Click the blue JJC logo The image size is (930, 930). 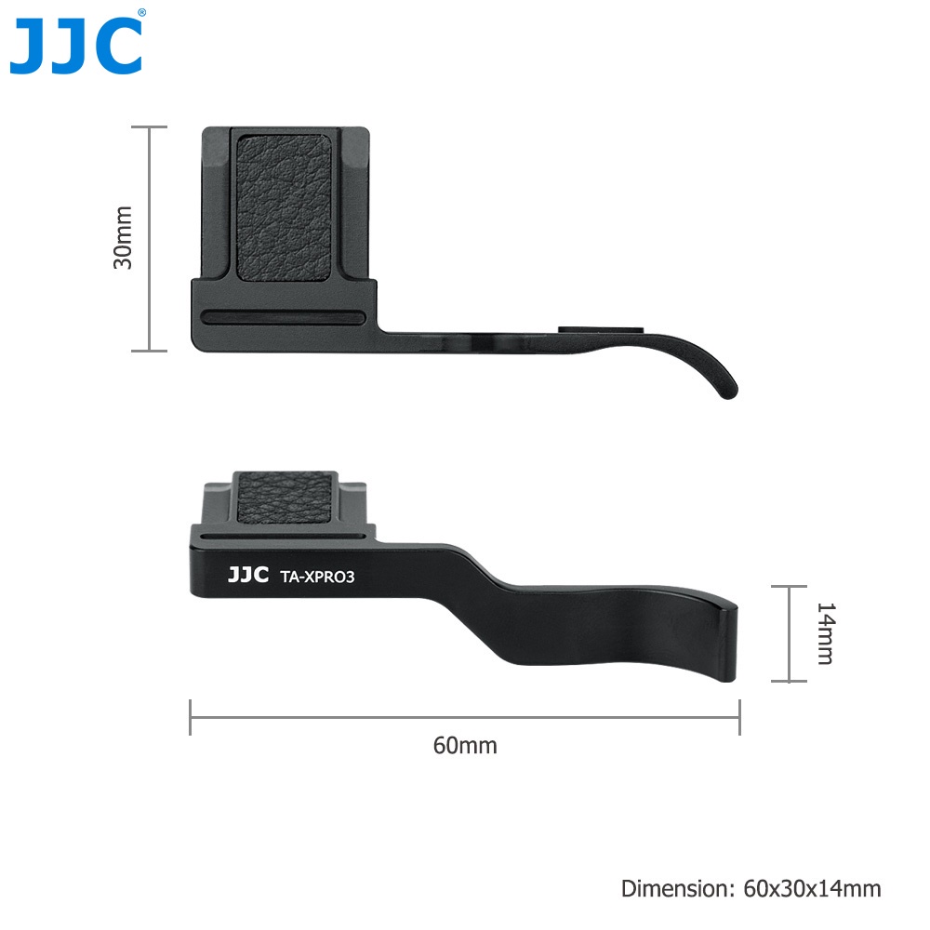click(x=76, y=46)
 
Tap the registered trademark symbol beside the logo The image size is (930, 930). click(x=141, y=12)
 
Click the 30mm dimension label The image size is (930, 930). click(x=123, y=237)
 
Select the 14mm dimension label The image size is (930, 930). click(x=826, y=633)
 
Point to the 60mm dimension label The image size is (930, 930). click(x=465, y=746)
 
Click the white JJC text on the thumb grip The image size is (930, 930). click(x=248, y=575)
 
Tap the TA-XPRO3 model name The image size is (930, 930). click(x=317, y=578)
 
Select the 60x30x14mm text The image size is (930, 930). click(x=812, y=888)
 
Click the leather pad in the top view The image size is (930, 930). click(x=284, y=207)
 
